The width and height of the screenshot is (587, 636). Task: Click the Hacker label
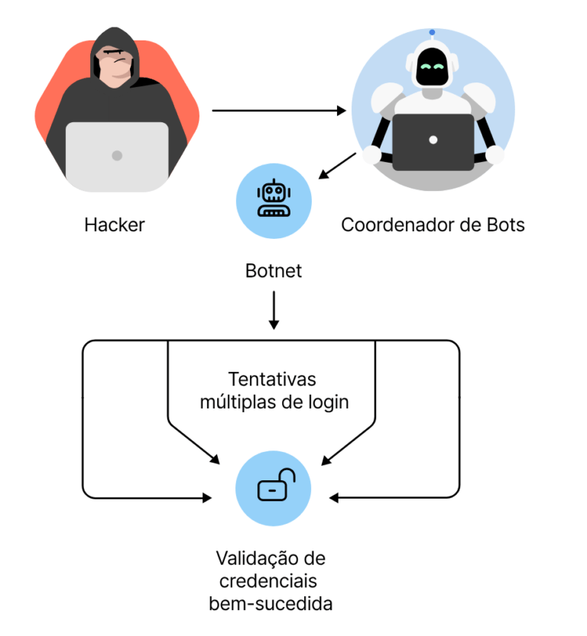pyautogui.click(x=115, y=225)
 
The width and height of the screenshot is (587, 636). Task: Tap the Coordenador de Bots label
pyautogui.click(x=433, y=225)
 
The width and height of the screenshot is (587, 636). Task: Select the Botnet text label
pyautogui.click(x=274, y=271)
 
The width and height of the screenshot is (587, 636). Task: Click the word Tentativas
pyautogui.click(x=272, y=379)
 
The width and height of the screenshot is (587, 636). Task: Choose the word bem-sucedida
pyautogui.click(x=271, y=604)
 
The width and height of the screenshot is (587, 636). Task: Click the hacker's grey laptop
pyautogui.click(x=117, y=155)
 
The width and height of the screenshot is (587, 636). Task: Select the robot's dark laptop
pyautogui.click(x=433, y=141)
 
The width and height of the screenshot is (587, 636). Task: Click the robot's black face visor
pyautogui.click(x=433, y=69)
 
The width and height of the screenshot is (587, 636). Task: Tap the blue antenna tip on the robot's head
pyautogui.click(x=433, y=33)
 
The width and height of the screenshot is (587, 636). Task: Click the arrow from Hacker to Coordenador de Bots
pyautogui.click(x=279, y=111)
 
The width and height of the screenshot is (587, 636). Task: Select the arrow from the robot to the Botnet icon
pyautogui.click(x=336, y=166)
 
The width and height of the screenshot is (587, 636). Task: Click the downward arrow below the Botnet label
pyautogui.click(x=274, y=312)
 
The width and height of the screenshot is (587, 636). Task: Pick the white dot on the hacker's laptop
pyautogui.click(x=117, y=156)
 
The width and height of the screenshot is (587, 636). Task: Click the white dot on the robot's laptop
pyautogui.click(x=433, y=140)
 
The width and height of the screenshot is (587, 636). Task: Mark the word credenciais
pyautogui.click(x=271, y=581)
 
